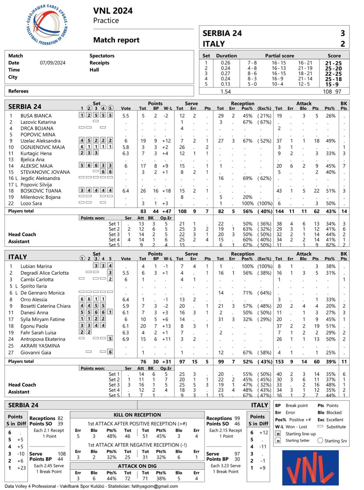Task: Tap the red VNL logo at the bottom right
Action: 310,467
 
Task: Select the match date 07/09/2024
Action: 53,63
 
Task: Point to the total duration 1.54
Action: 226,92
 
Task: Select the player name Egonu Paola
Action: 34,326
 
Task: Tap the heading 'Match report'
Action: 116,40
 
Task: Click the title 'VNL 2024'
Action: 113,11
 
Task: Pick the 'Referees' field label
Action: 18,91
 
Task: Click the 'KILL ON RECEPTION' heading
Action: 137,415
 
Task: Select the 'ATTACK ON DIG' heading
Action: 137,466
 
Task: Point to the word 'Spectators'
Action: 102,56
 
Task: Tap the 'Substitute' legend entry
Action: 336,427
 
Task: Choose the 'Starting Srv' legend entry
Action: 336,441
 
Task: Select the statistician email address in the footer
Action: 155,486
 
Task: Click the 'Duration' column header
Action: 226,56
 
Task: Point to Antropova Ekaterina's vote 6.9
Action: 126,339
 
